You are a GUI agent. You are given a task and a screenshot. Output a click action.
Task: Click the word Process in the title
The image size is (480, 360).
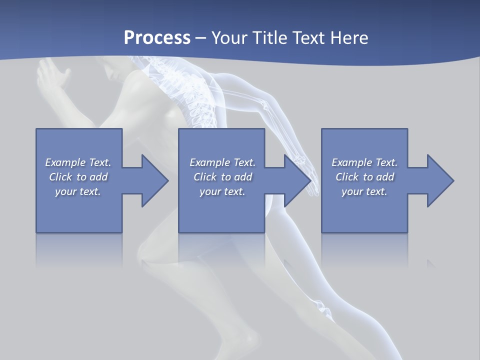157,38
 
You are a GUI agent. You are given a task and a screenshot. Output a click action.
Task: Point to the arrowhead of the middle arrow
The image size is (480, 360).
297,180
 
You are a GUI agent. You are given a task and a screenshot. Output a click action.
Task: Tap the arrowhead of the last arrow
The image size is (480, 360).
439,180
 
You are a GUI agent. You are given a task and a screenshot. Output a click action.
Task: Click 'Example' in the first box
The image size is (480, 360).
65,162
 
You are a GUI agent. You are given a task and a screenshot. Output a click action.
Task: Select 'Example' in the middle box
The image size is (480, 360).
209,162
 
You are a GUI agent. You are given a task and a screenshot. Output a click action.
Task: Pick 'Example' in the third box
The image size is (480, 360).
351,162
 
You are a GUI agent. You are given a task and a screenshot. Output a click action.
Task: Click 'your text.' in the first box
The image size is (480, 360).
78,191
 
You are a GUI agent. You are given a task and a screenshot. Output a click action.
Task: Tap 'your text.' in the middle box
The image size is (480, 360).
222,191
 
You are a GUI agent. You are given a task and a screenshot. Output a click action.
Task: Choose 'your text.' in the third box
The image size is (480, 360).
364,191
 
